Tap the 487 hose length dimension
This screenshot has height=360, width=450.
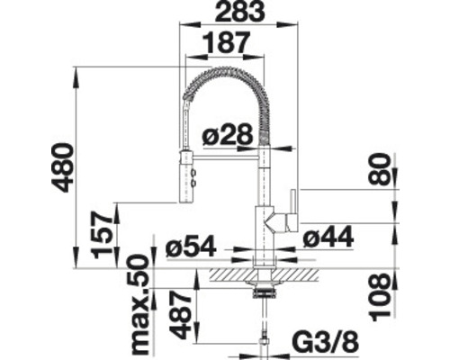click(181, 316)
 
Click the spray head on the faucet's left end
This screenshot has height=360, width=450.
click(187, 175)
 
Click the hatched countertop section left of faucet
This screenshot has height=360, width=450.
click(229, 271)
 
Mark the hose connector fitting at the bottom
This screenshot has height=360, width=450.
click(264, 343)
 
